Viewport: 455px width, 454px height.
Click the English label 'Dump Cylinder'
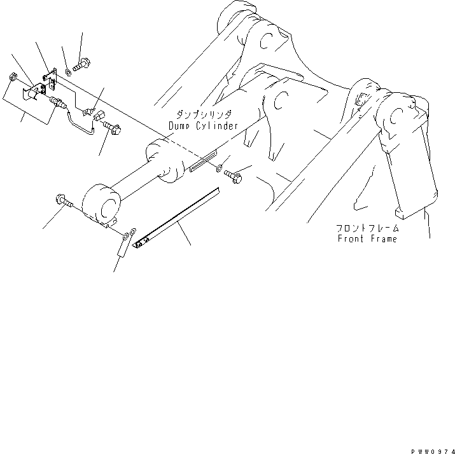[x=204, y=126]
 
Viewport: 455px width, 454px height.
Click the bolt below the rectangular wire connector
[x=115, y=130]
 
